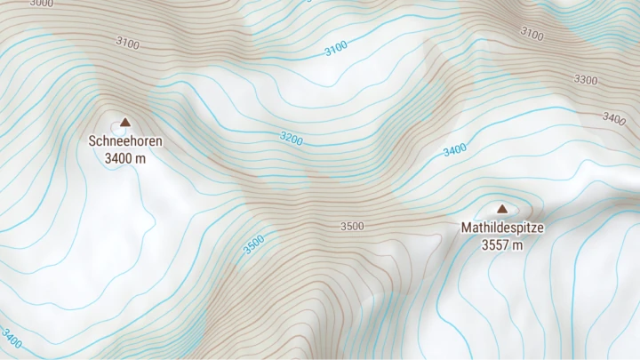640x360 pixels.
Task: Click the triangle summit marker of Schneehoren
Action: (x=125, y=123)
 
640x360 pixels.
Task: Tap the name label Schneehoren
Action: (x=125, y=140)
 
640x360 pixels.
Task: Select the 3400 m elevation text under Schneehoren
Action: (x=125, y=158)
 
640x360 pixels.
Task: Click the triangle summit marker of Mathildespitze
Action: (x=501, y=210)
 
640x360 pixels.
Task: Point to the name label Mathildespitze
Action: (x=501, y=228)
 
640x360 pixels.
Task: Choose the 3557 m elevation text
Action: (x=501, y=244)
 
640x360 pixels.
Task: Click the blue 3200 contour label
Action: (x=291, y=139)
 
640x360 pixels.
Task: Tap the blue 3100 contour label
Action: (x=336, y=49)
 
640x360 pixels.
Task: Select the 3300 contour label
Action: (x=586, y=80)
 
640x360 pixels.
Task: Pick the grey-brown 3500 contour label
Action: (x=352, y=227)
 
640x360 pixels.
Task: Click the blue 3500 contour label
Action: (x=254, y=244)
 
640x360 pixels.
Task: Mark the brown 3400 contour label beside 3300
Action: (x=614, y=118)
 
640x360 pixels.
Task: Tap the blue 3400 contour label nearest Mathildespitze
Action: (x=454, y=150)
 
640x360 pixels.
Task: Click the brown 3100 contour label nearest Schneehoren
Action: (x=127, y=43)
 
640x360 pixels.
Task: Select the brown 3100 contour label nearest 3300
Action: (x=532, y=34)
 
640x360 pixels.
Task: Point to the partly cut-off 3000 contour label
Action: (x=41, y=4)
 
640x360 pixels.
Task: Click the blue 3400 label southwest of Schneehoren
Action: (x=12, y=339)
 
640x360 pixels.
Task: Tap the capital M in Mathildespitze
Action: (x=466, y=228)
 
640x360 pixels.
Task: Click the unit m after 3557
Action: (x=516, y=244)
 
